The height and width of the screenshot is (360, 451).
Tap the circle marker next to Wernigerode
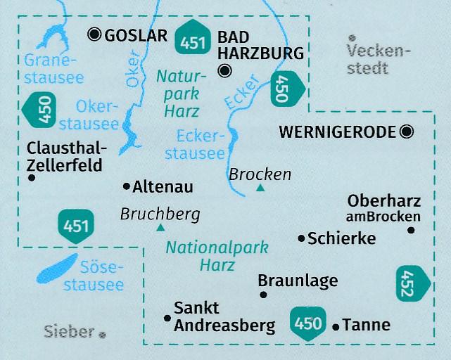click(x=406, y=131)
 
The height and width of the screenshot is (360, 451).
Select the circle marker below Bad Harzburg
click(x=224, y=70)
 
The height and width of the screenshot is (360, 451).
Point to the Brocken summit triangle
click(x=261, y=188)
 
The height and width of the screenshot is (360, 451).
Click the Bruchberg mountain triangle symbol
click(x=161, y=227)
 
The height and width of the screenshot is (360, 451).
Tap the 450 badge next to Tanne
click(x=308, y=323)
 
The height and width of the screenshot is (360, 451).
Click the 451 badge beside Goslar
click(x=192, y=41)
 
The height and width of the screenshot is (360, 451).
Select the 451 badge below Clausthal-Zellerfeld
click(x=75, y=226)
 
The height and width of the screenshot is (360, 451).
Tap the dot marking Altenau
click(x=127, y=186)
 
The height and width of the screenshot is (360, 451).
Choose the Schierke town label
click(x=342, y=238)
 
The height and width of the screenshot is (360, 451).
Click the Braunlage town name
click(x=298, y=281)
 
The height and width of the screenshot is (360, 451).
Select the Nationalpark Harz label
click(x=206, y=256)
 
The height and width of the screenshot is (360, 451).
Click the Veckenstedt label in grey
click(x=379, y=60)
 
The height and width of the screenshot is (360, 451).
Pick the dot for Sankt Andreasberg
click(x=167, y=318)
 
